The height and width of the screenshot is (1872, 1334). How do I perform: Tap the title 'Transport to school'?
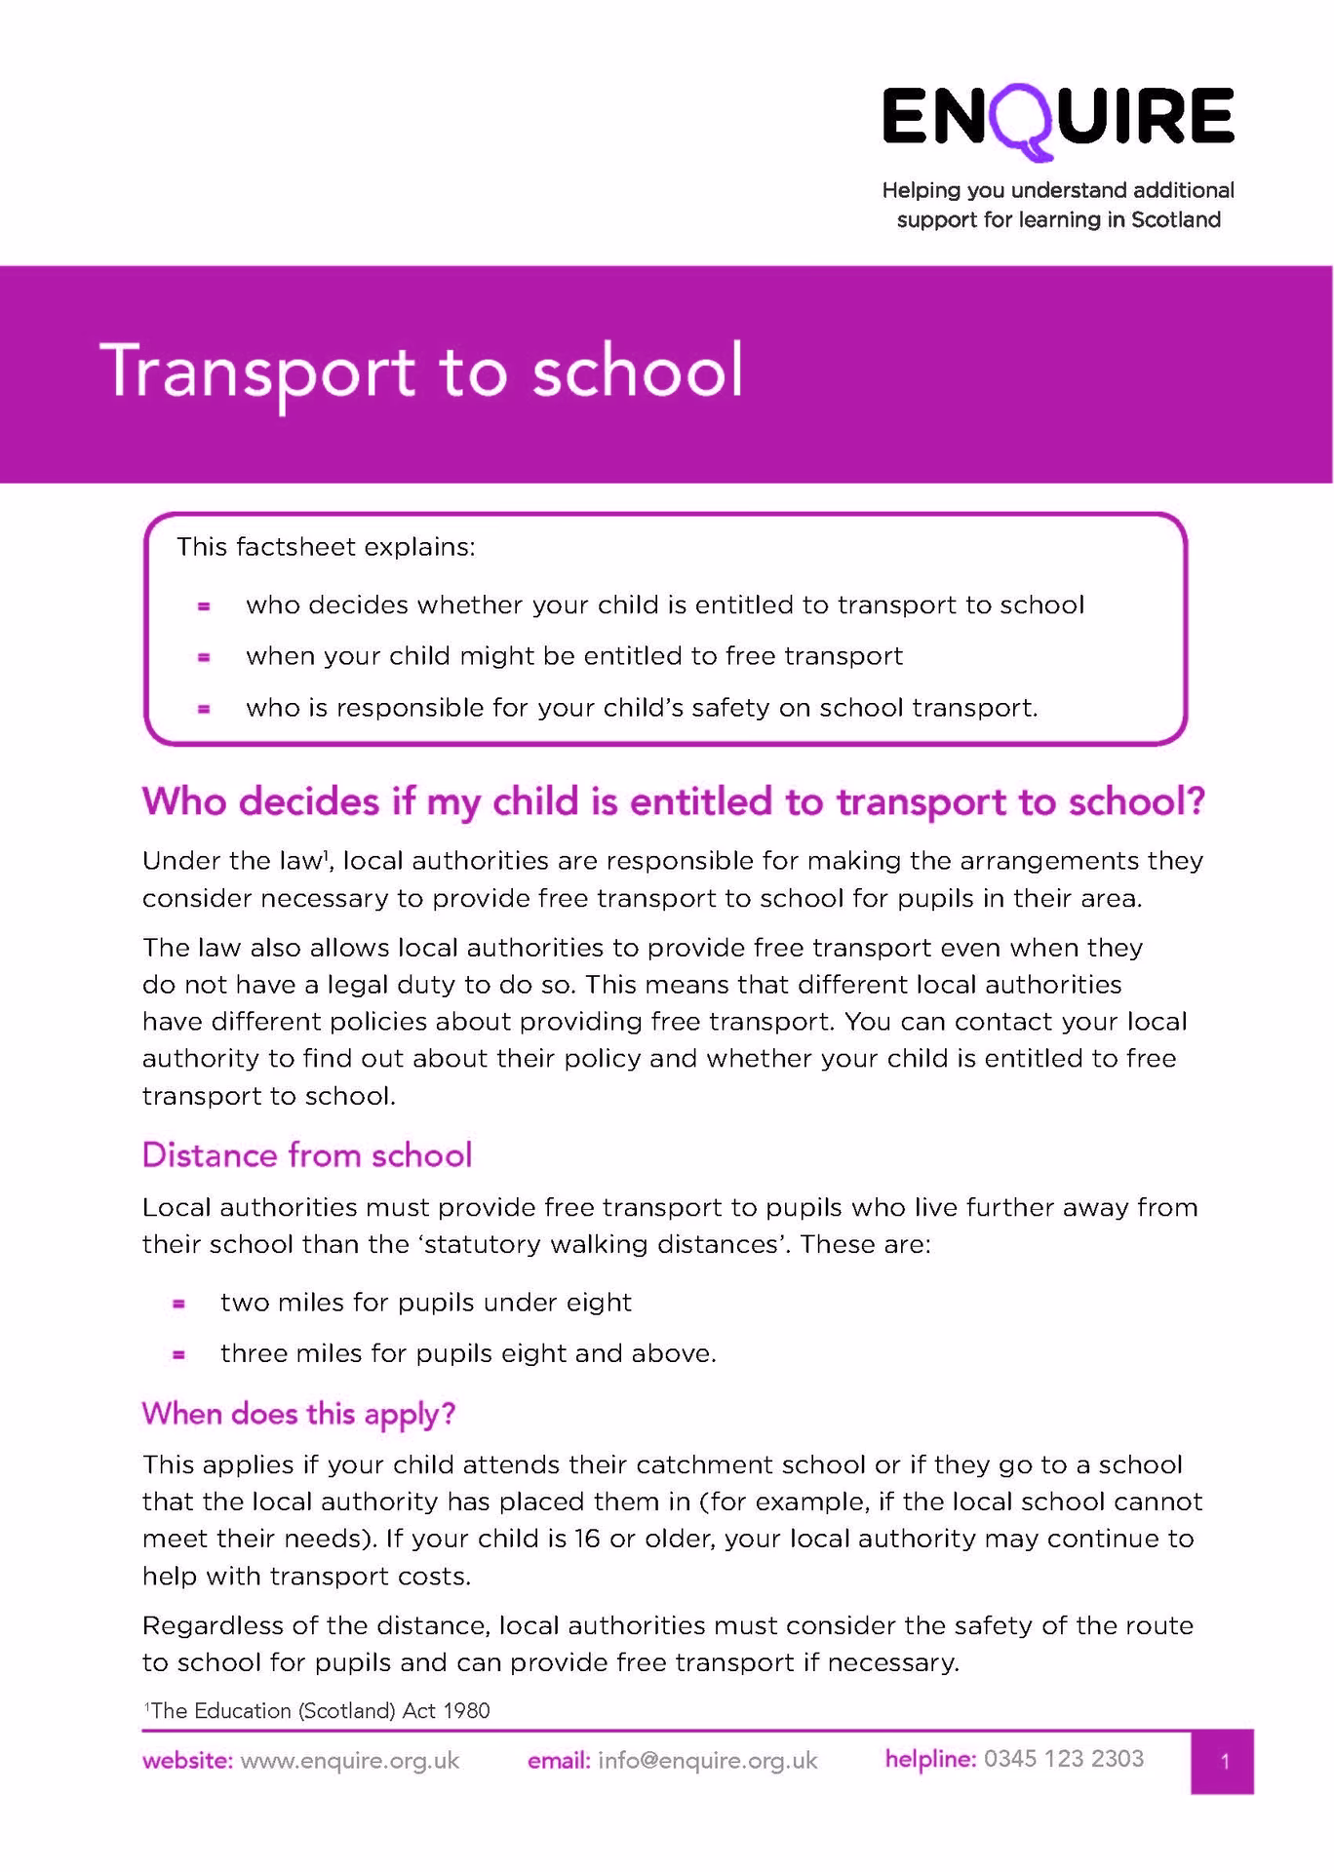[421, 372]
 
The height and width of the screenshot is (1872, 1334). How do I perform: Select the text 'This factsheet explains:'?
[326, 547]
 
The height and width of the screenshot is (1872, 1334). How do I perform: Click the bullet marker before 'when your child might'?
[204, 657]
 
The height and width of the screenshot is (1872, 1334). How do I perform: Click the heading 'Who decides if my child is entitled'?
[674, 802]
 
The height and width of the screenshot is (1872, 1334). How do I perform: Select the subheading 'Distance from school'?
[307, 1155]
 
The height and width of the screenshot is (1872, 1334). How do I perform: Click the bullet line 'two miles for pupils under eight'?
[426, 1303]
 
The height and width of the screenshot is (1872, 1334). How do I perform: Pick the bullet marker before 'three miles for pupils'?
[178, 1354]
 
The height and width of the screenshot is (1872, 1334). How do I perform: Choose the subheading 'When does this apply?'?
[298, 1414]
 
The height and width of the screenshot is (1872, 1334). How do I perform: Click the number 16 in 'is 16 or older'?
[587, 1539]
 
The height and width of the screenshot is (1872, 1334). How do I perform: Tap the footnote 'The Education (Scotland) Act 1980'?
[319, 1710]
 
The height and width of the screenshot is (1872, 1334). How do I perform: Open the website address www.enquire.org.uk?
[350, 1761]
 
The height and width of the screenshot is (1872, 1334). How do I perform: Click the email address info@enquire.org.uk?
[708, 1761]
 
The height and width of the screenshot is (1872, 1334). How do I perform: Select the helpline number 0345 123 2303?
[1064, 1759]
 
